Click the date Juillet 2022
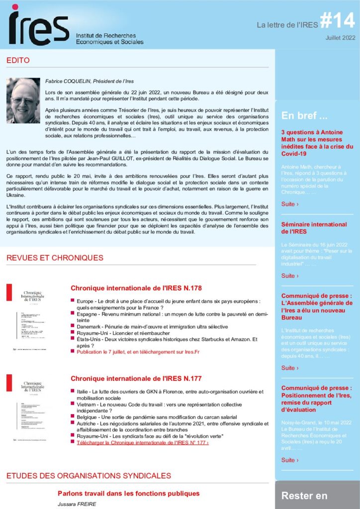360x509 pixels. [x=341, y=38]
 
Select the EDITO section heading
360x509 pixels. [x=18, y=61]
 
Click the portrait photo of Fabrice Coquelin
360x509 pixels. [x=23, y=100]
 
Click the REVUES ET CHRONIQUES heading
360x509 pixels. [x=55, y=258]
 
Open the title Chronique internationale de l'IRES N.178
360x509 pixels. [x=136, y=288]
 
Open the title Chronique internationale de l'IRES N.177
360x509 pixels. [x=136, y=379]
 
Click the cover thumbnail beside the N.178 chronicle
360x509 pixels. [x=30, y=318]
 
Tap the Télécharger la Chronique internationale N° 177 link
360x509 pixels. [x=143, y=443]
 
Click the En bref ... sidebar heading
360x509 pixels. [x=304, y=116]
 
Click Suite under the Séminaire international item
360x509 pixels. [x=290, y=276]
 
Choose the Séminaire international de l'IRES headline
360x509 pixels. [x=314, y=228]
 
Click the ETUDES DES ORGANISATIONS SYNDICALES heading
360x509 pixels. [x=89, y=476]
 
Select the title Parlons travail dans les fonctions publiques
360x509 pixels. [x=128, y=494]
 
